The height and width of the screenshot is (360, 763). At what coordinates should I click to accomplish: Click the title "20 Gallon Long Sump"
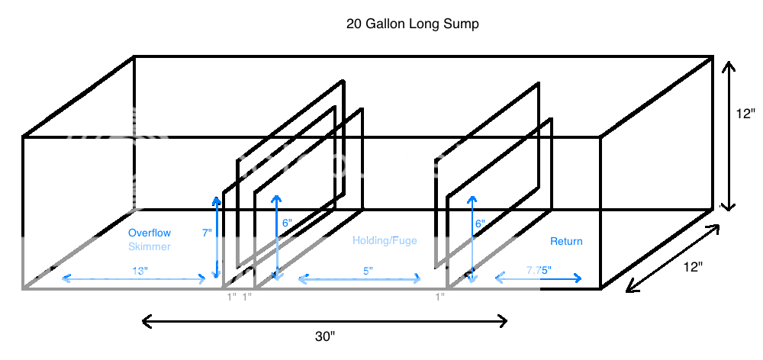[x=413, y=24]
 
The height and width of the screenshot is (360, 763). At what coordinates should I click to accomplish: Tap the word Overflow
[x=150, y=233]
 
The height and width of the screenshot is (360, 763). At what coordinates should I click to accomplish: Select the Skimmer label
[x=150, y=246]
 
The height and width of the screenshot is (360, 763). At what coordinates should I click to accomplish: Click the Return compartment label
[x=566, y=241]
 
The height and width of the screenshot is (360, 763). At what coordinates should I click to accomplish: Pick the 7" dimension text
[x=207, y=233]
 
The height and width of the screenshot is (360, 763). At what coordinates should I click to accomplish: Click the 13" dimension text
[x=139, y=270]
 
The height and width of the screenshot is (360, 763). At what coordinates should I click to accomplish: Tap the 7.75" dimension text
[x=539, y=270]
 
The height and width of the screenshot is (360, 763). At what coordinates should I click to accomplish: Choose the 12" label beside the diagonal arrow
[x=693, y=267]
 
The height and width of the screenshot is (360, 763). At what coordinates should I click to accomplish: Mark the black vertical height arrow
[x=727, y=137]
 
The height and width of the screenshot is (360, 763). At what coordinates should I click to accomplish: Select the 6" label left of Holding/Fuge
[x=286, y=223]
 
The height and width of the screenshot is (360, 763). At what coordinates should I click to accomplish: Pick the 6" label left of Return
[x=480, y=224]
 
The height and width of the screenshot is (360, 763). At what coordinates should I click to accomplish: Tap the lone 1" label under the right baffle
[x=440, y=296]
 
